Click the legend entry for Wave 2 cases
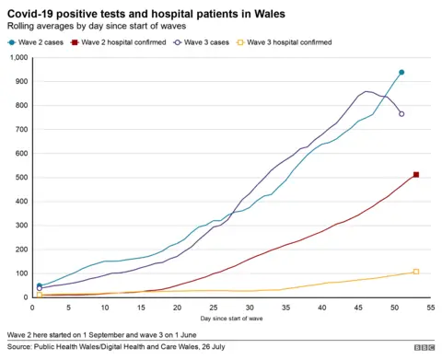click(x=38, y=42)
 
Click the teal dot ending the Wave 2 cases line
click(x=401, y=72)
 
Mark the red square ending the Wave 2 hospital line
click(x=416, y=175)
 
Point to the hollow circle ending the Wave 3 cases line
click(x=401, y=113)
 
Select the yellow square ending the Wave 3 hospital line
click(x=416, y=272)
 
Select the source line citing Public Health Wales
click(x=116, y=347)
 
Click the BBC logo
click(x=424, y=347)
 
